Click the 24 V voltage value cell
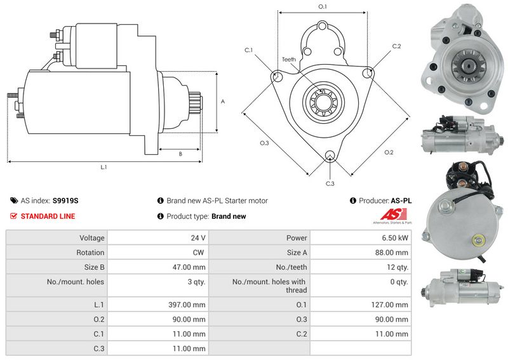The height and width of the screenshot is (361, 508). [198, 238]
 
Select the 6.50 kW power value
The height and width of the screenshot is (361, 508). [394, 238]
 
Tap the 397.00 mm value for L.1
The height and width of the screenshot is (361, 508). [187, 305]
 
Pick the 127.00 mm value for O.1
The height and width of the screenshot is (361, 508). [389, 305]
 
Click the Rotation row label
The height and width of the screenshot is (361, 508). [90, 253]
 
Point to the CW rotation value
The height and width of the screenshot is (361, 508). [198, 253]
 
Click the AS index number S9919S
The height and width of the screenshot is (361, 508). [65, 200]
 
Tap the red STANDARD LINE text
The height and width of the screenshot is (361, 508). [48, 216]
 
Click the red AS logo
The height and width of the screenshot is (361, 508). [393, 214]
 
